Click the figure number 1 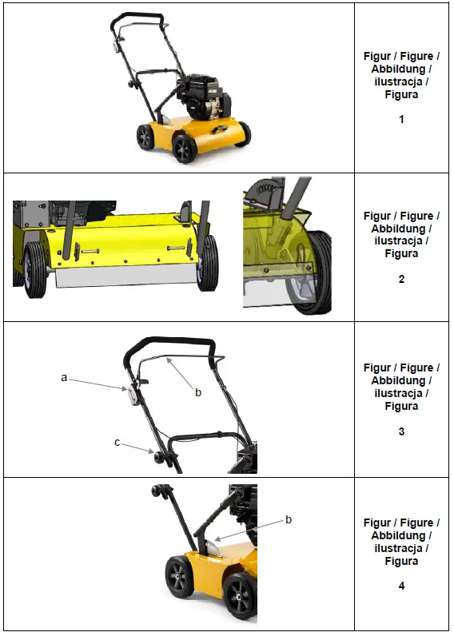click(x=401, y=120)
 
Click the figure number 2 click(x=401, y=279)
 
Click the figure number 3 click(x=401, y=431)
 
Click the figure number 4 click(x=401, y=586)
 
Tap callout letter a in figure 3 click(x=64, y=378)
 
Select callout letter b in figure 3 click(x=198, y=392)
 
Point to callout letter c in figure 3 click(x=117, y=442)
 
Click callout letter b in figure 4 click(x=289, y=519)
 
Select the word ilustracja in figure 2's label click(x=401, y=240)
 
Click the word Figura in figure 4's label click(x=401, y=561)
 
